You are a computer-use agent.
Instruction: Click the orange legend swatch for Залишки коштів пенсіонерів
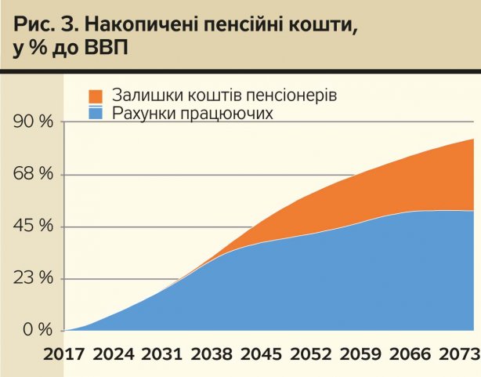click(96, 96)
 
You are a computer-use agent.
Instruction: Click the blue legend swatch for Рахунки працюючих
click(96, 114)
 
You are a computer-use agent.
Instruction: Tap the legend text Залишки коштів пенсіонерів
click(223, 96)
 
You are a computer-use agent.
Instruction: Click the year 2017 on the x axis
click(64, 356)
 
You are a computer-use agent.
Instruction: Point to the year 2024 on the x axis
click(115, 356)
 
